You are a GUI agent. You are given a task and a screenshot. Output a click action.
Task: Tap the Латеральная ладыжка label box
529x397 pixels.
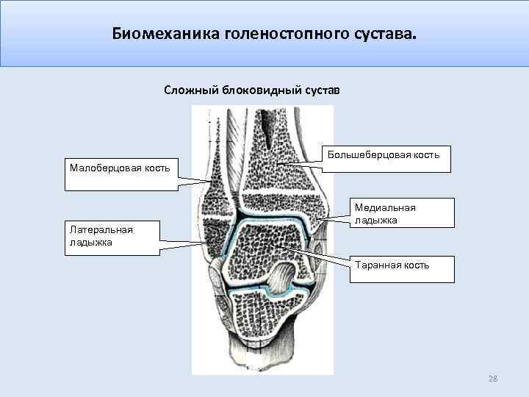point(112,238)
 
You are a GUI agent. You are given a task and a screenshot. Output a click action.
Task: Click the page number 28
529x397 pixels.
point(493,379)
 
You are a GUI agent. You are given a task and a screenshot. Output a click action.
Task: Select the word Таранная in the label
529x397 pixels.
point(378,265)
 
